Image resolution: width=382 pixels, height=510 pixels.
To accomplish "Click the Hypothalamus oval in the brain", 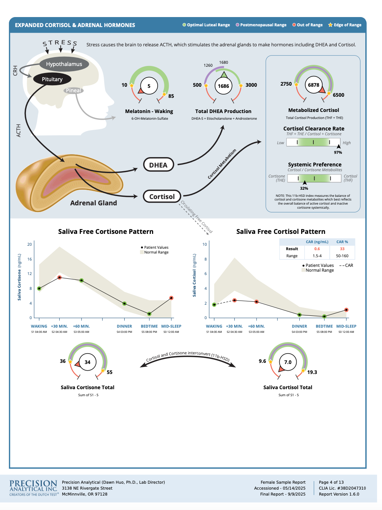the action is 64,64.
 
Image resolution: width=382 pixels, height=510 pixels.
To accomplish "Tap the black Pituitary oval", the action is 52,79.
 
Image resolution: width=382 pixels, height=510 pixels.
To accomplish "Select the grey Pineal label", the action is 73,90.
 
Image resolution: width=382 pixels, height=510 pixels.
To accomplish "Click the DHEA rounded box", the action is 158,165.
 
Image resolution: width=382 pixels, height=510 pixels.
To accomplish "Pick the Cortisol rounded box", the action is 162,196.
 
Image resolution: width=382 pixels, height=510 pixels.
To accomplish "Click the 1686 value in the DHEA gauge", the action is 223,86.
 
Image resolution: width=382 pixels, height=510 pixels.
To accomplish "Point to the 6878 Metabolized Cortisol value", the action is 313,85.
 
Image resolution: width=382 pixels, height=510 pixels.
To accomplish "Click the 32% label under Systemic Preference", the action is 304,188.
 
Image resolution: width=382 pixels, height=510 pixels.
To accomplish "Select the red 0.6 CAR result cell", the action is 317,249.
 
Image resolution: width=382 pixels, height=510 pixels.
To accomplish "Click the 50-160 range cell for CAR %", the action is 342,256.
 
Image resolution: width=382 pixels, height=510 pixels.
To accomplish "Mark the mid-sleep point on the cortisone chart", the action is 171,298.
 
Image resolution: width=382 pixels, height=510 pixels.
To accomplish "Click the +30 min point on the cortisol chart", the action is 234,301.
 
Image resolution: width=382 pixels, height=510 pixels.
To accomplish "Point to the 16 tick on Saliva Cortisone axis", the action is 30,259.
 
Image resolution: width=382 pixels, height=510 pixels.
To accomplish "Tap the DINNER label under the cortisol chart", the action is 299,326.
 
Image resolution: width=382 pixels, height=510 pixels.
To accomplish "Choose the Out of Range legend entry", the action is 307,25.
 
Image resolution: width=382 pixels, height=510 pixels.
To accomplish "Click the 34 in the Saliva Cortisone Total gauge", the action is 88,362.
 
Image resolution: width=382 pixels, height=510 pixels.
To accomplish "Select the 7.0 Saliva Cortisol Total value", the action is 288,362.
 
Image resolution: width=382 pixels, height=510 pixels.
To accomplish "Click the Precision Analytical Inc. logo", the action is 33,488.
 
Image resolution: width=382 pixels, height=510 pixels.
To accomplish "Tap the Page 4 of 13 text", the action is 331,482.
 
